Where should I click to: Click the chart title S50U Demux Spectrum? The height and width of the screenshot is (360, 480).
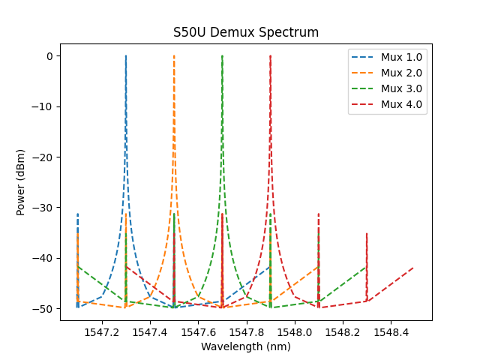point(246,32)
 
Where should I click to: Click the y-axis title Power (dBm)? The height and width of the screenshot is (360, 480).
point(21,181)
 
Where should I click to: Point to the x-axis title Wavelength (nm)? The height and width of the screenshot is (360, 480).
point(246,346)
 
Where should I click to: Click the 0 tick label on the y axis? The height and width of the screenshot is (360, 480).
point(49,56)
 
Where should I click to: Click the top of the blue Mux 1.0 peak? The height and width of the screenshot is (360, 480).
point(126,56)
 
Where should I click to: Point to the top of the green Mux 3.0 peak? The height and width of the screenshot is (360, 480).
point(222,56)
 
